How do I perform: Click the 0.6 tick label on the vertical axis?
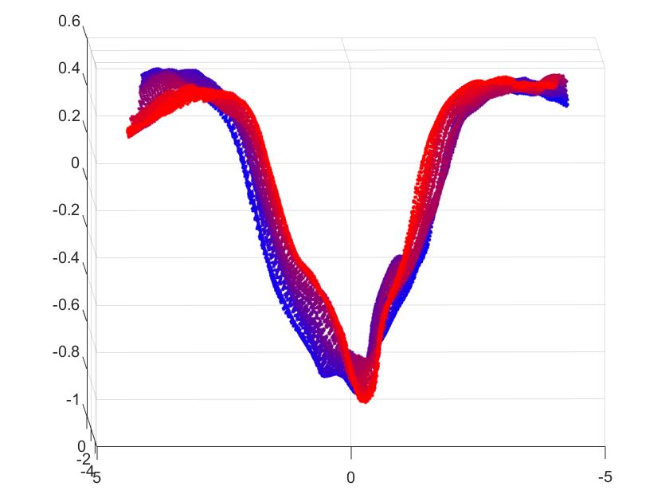pyautogui.click(x=69, y=22)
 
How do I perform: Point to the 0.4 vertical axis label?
pyautogui.click(x=69, y=69)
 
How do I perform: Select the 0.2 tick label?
pyautogui.click(x=69, y=116)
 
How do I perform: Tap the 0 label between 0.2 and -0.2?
pyautogui.click(x=75, y=163)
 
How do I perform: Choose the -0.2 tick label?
pyautogui.click(x=67, y=210)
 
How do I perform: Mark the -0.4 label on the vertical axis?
pyautogui.click(x=67, y=257)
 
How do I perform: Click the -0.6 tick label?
pyautogui.click(x=67, y=304)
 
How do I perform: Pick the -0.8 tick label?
pyautogui.click(x=67, y=352)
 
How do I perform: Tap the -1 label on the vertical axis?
pyautogui.click(x=72, y=399)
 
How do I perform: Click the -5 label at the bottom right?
pyautogui.click(x=604, y=477)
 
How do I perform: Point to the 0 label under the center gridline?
pyautogui.click(x=350, y=477)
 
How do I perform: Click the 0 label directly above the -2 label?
pyautogui.click(x=81, y=446)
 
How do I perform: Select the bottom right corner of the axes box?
pyautogui.click(x=604, y=447)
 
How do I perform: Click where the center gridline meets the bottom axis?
pyautogui.click(x=350, y=447)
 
